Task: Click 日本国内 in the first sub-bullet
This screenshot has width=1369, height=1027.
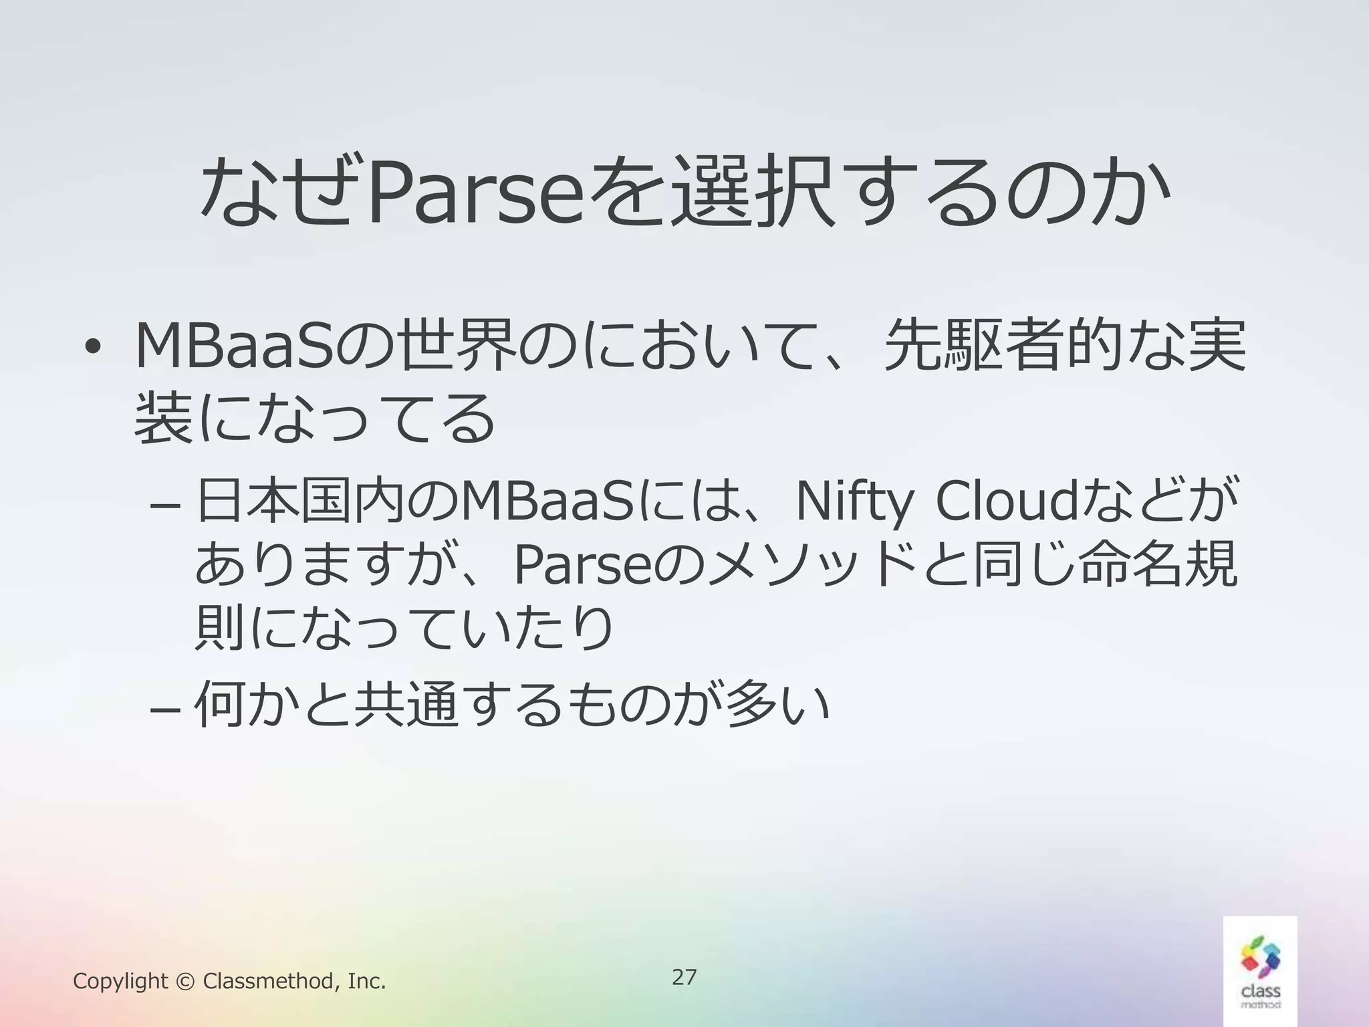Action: (300, 500)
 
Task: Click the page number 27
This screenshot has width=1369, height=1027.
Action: (684, 977)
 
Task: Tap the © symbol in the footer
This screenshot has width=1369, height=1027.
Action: (184, 982)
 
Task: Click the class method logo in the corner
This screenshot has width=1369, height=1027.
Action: (1260, 970)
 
